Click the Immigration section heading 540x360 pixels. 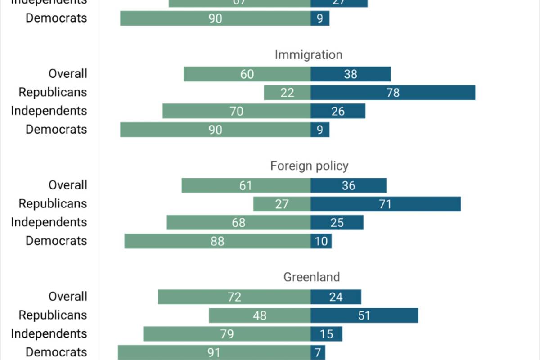pos(308,55)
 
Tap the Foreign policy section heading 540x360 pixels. pos(309,166)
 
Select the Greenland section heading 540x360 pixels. pos(311,277)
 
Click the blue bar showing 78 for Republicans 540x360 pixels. pos(393,93)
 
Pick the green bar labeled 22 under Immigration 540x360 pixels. pos(287,93)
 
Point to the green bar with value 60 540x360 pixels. pos(247,74)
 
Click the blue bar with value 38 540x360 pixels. pos(351,74)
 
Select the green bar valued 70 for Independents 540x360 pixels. pos(236,111)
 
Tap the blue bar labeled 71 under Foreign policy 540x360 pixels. pos(385,204)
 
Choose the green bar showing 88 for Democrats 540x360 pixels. pos(217,241)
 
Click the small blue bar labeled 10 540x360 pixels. pos(321,241)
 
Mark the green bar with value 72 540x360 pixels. pos(234,297)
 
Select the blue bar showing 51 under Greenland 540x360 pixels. pos(364,315)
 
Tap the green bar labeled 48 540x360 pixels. pos(260,315)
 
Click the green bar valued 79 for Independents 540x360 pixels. pos(227,334)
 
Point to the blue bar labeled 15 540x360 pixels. pos(326,334)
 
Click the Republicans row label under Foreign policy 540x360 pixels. pos(53,204)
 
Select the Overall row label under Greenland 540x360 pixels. pos(68,297)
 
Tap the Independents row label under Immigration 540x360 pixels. pos(49,111)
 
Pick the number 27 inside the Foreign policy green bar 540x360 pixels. pos(282,204)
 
